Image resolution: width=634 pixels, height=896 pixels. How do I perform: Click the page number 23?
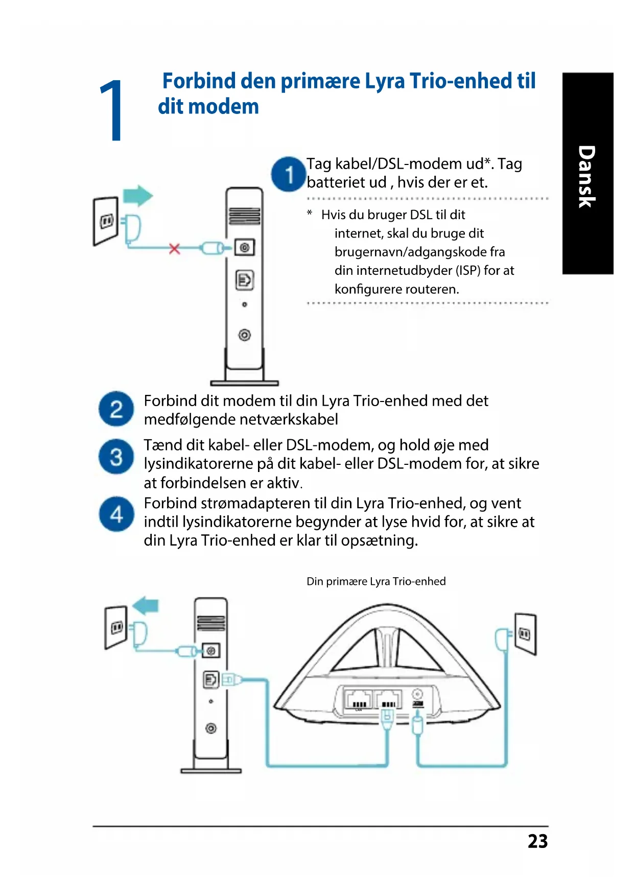point(537,841)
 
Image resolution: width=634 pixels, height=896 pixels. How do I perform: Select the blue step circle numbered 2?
point(116,409)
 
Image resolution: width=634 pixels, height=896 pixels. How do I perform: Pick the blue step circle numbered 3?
point(116,456)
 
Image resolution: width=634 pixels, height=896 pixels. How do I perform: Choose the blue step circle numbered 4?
point(116,514)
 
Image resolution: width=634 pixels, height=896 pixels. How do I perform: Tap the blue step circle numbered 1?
point(289,174)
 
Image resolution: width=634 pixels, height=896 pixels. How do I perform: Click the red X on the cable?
point(175,249)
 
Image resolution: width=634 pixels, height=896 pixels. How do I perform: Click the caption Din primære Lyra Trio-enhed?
point(376,581)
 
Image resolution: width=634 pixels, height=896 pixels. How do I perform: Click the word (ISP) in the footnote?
point(467,270)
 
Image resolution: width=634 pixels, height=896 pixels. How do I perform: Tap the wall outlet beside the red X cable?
point(106,221)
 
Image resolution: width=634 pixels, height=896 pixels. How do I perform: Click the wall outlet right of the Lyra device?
point(525,634)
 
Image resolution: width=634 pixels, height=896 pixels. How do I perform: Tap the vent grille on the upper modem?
point(245,216)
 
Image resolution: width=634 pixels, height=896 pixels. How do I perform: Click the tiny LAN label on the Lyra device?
point(359,710)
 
